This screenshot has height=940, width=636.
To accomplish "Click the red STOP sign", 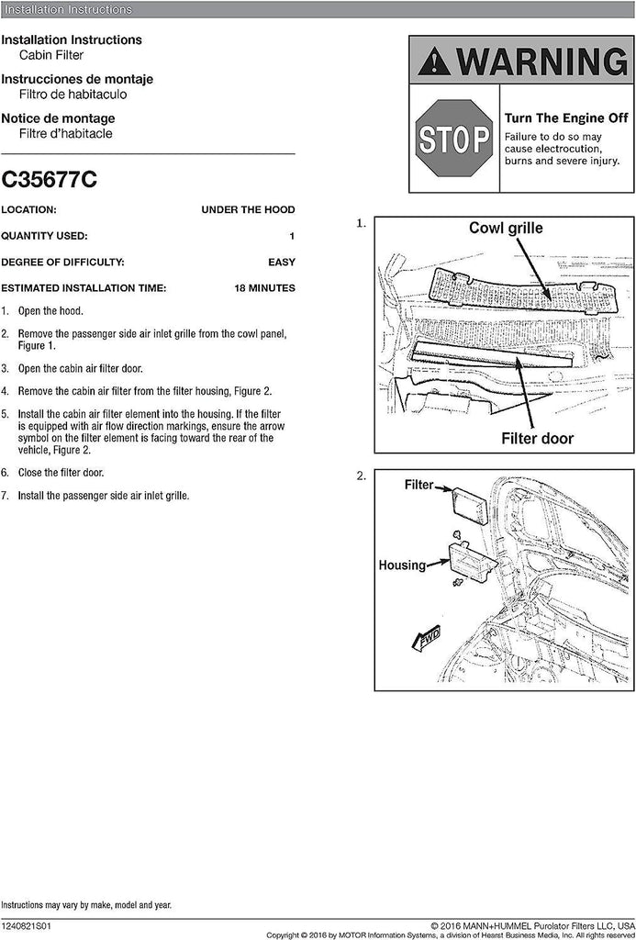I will [x=454, y=139].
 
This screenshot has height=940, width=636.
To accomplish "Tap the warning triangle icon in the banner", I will [x=434, y=63].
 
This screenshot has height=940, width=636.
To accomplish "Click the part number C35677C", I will [x=49, y=178].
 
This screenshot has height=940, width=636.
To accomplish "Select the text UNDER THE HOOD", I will [x=248, y=210].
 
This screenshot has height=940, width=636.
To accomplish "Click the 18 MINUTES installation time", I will [x=264, y=288].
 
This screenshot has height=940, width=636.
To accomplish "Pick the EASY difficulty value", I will [x=281, y=263].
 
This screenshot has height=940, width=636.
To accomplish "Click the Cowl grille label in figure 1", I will [x=506, y=229].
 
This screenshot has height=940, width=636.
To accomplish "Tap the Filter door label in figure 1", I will [x=536, y=438].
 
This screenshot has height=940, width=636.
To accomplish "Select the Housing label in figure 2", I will [x=402, y=565].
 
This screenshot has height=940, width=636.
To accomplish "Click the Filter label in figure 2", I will [x=418, y=484].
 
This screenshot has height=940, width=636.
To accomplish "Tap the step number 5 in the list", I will [x=6, y=414].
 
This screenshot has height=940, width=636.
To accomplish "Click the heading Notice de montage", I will [x=58, y=118].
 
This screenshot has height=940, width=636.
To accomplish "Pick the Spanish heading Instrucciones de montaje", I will [x=76, y=79].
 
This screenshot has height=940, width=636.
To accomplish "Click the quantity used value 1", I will [x=292, y=236].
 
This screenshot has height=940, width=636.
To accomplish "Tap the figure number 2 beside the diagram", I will [x=362, y=476].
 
